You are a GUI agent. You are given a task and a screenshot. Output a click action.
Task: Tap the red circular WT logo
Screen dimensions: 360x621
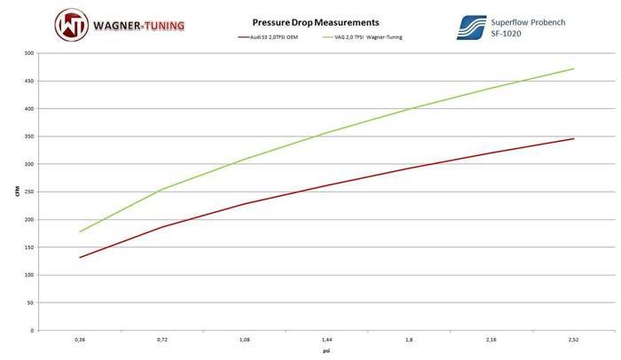point(70,26)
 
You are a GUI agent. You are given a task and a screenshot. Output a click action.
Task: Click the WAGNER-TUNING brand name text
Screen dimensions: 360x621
point(137,25)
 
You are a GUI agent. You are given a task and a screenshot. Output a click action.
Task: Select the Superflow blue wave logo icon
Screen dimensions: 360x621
point(472,26)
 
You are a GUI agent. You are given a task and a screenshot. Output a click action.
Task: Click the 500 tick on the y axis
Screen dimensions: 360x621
point(29,53)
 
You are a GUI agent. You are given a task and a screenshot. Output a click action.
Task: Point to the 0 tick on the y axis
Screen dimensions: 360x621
point(33,330)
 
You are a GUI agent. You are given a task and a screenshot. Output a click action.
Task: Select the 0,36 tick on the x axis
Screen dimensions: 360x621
point(80,339)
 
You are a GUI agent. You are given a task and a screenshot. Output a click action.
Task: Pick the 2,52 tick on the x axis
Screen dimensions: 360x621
point(574,339)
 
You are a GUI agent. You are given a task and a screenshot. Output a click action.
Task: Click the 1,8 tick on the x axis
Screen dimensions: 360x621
point(409,339)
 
